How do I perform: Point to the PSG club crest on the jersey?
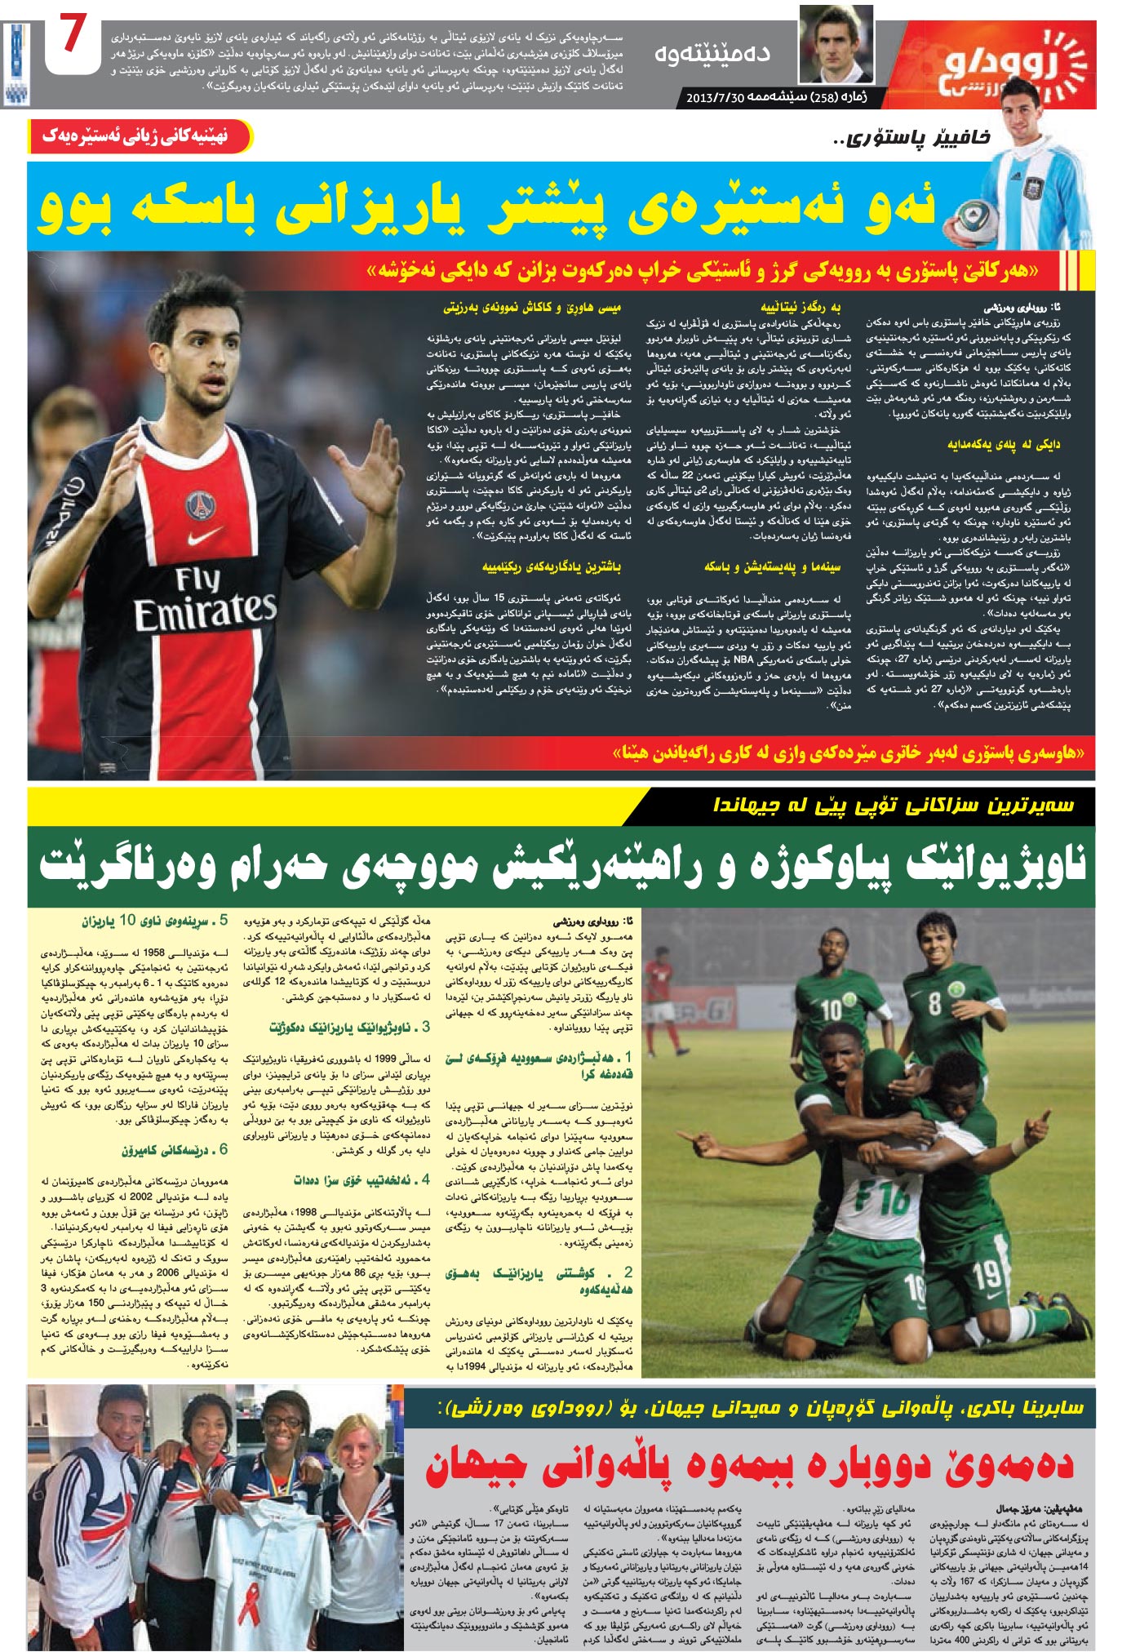click(x=199, y=504)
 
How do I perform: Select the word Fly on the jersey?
click(x=197, y=580)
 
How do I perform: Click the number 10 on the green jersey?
click(x=830, y=1009)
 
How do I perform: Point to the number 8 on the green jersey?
click(x=934, y=1002)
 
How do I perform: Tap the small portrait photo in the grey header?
click(x=835, y=45)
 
